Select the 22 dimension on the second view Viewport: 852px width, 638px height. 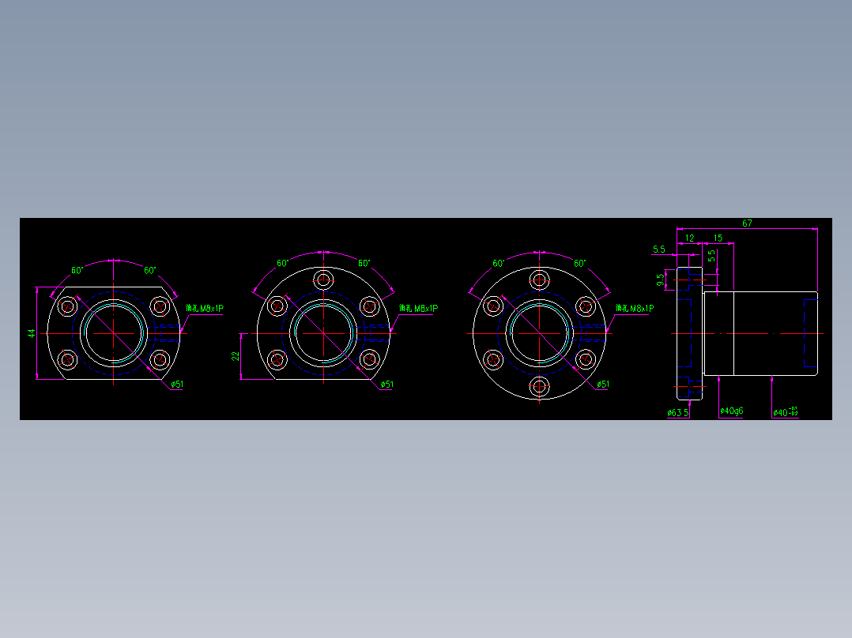(x=236, y=356)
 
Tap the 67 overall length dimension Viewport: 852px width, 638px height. (x=747, y=223)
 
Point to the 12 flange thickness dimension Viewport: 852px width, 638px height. (x=689, y=238)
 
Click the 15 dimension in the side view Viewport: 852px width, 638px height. (x=718, y=238)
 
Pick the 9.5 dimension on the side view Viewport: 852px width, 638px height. (x=661, y=279)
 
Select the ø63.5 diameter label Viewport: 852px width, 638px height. (x=678, y=412)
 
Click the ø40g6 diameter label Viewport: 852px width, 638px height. (x=731, y=411)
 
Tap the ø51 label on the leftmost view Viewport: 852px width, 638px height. (x=177, y=385)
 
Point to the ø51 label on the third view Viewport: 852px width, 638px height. (x=603, y=385)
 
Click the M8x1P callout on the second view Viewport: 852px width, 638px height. (x=418, y=309)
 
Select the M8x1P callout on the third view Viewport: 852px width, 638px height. (x=634, y=309)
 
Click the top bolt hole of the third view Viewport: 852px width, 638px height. (x=540, y=280)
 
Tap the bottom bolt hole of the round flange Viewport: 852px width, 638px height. (x=540, y=387)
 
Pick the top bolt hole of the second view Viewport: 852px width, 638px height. (x=323, y=280)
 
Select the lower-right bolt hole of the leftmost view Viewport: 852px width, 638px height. (x=160, y=360)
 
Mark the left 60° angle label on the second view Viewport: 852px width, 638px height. (x=283, y=264)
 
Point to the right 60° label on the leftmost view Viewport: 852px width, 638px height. (x=149, y=270)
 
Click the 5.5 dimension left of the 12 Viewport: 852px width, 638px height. (x=659, y=250)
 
